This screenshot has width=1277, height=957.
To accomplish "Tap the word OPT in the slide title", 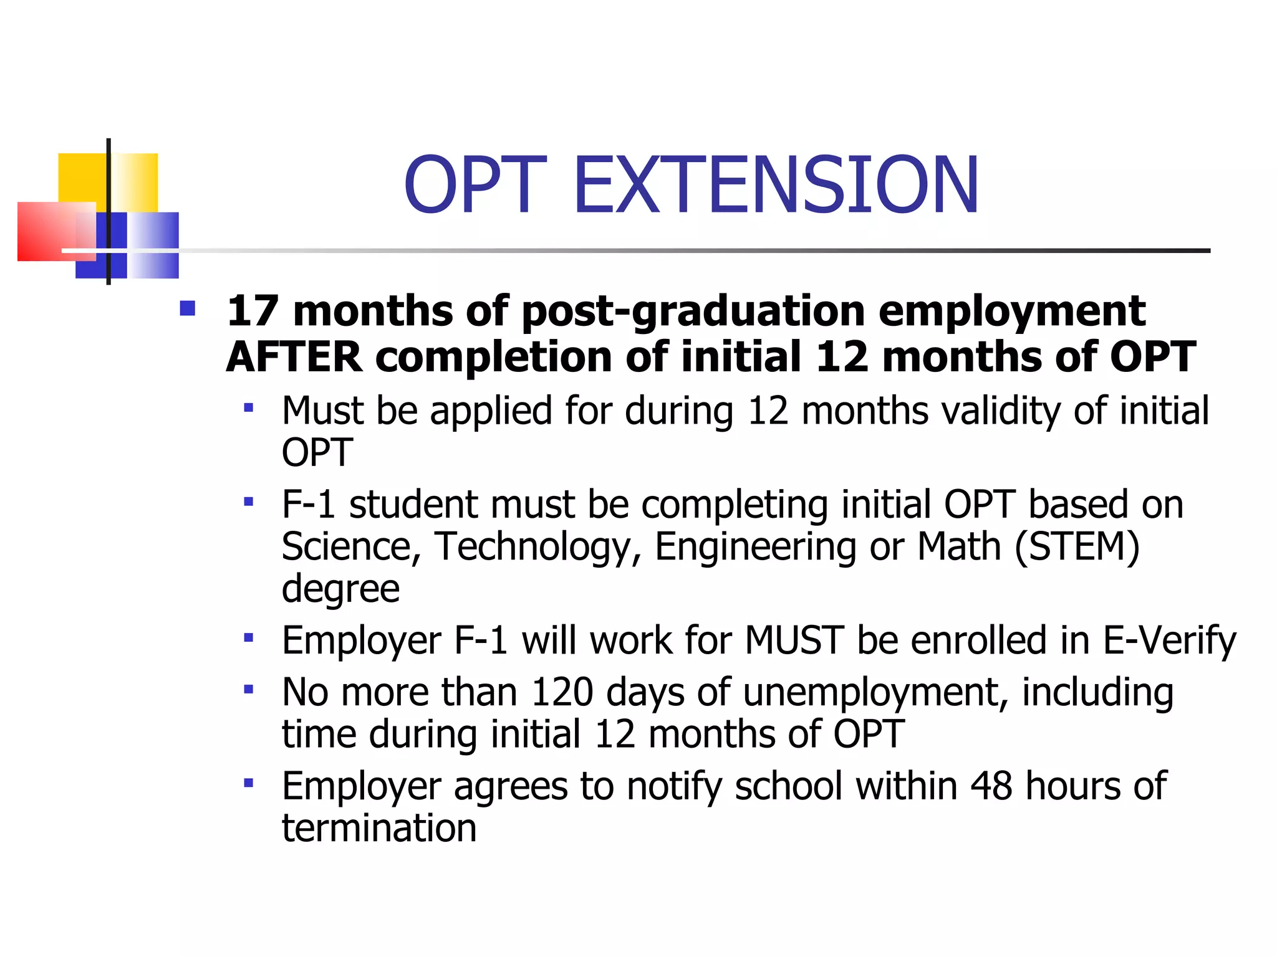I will click(x=476, y=185).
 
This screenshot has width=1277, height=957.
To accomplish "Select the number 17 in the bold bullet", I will click(x=253, y=311).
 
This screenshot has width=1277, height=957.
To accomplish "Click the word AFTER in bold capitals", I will click(x=294, y=357).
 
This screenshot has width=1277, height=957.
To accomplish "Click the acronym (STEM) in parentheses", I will click(x=1077, y=546).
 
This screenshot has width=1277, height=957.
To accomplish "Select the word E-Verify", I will click(x=1169, y=640).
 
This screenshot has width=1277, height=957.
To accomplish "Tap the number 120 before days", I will click(x=562, y=692).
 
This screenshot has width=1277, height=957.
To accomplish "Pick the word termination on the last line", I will click(x=379, y=828).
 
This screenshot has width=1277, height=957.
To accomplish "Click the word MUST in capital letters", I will click(x=794, y=640).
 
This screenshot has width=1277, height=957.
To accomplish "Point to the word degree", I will click(x=340, y=589).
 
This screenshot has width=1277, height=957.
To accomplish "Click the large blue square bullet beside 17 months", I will click(x=187, y=308).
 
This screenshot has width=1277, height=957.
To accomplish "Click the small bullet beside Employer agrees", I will click(x=249, y=783).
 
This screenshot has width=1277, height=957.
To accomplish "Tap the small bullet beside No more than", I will click(x=249, y=689).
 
